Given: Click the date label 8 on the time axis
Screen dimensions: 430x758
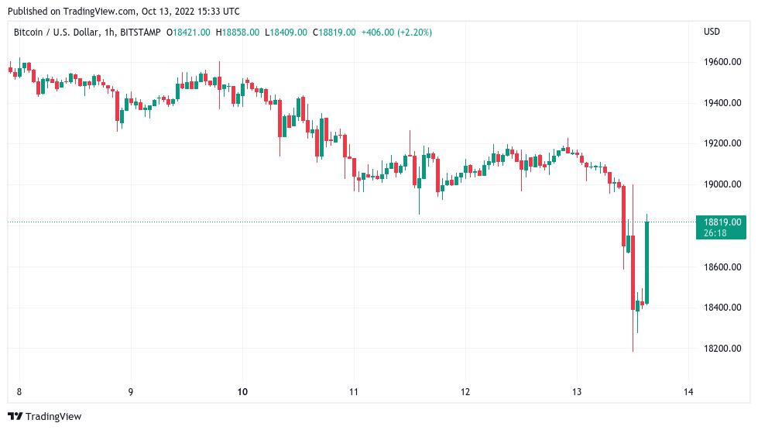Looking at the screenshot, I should [x=19, y=391].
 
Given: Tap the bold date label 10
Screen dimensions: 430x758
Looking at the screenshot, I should [x=242, y=391].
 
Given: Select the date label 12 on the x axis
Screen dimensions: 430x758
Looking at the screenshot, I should [x=465, y=391].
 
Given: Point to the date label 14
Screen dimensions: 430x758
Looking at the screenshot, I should [x=688, y=391].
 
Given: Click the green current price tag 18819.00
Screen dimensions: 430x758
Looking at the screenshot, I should [x=720, y=222].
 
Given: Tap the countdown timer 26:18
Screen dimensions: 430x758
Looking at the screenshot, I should [x=715, y=232].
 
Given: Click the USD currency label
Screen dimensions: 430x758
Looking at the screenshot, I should [x=712, y=32].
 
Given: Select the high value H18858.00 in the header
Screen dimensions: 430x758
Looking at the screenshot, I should [x=238, y=33].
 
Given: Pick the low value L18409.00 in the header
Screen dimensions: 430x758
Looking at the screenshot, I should [x=286, y=33].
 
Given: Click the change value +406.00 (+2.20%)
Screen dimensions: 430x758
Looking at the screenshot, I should [x=396, y=33].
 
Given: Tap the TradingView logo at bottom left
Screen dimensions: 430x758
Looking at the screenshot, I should [x=44, y=417].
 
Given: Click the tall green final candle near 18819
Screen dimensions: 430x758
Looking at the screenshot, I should [x=647, y=262].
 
